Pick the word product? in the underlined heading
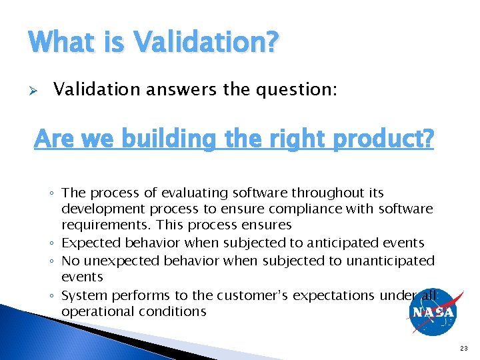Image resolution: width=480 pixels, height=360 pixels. coord(379,139)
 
